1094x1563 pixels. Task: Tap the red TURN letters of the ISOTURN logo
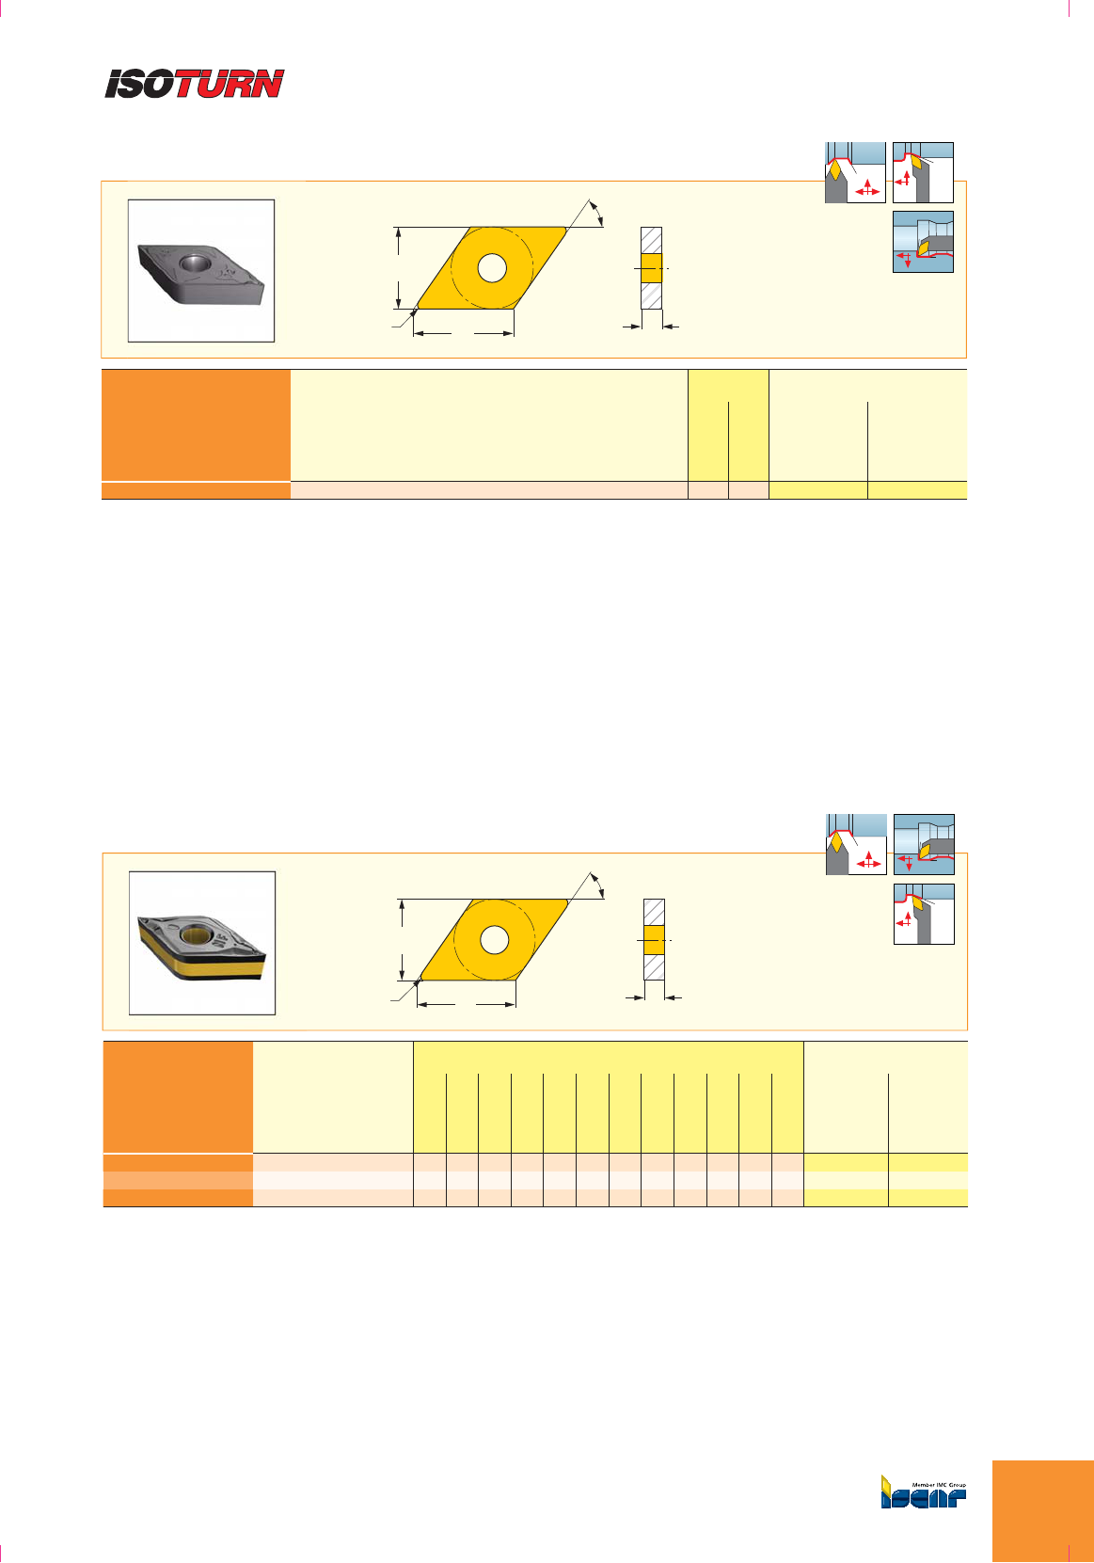click(x=230, y=84)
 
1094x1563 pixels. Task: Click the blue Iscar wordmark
click(x=923, y=1498)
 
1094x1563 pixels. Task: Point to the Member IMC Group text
click(x=939, y=1485)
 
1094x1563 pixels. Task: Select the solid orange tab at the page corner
click(x=1043, y=1511)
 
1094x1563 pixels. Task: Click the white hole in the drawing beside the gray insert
click(x=492, y=268)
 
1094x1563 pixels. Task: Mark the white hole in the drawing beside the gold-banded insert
click(x=495, y=940)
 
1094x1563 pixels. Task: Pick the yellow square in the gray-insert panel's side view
click(x=651, y=268)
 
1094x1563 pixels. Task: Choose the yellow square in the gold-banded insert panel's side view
click(x=654, y=940)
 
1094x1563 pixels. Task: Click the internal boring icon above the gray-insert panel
click(x=923, y=242)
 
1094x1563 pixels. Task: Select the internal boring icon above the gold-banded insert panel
click(x=924, y=844)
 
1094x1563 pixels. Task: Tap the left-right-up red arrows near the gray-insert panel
click(x=867, y=187)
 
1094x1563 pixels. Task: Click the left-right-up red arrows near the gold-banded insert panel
click(x=868, y=860)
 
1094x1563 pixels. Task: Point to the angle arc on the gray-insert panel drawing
click(x=598, y=213)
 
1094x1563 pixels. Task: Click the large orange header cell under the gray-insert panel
click(x=196, y=425)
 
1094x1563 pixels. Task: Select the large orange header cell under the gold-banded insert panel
click(x=178, y=1097)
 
